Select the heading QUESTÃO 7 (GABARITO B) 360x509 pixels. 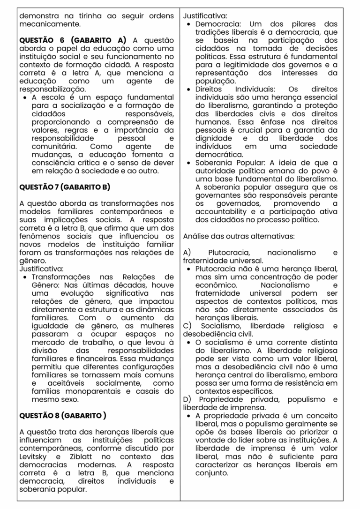65,187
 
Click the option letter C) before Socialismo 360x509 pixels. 187,326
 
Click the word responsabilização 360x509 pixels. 52,89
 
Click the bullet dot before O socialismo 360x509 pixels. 188,343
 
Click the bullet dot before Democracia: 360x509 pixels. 188,23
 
